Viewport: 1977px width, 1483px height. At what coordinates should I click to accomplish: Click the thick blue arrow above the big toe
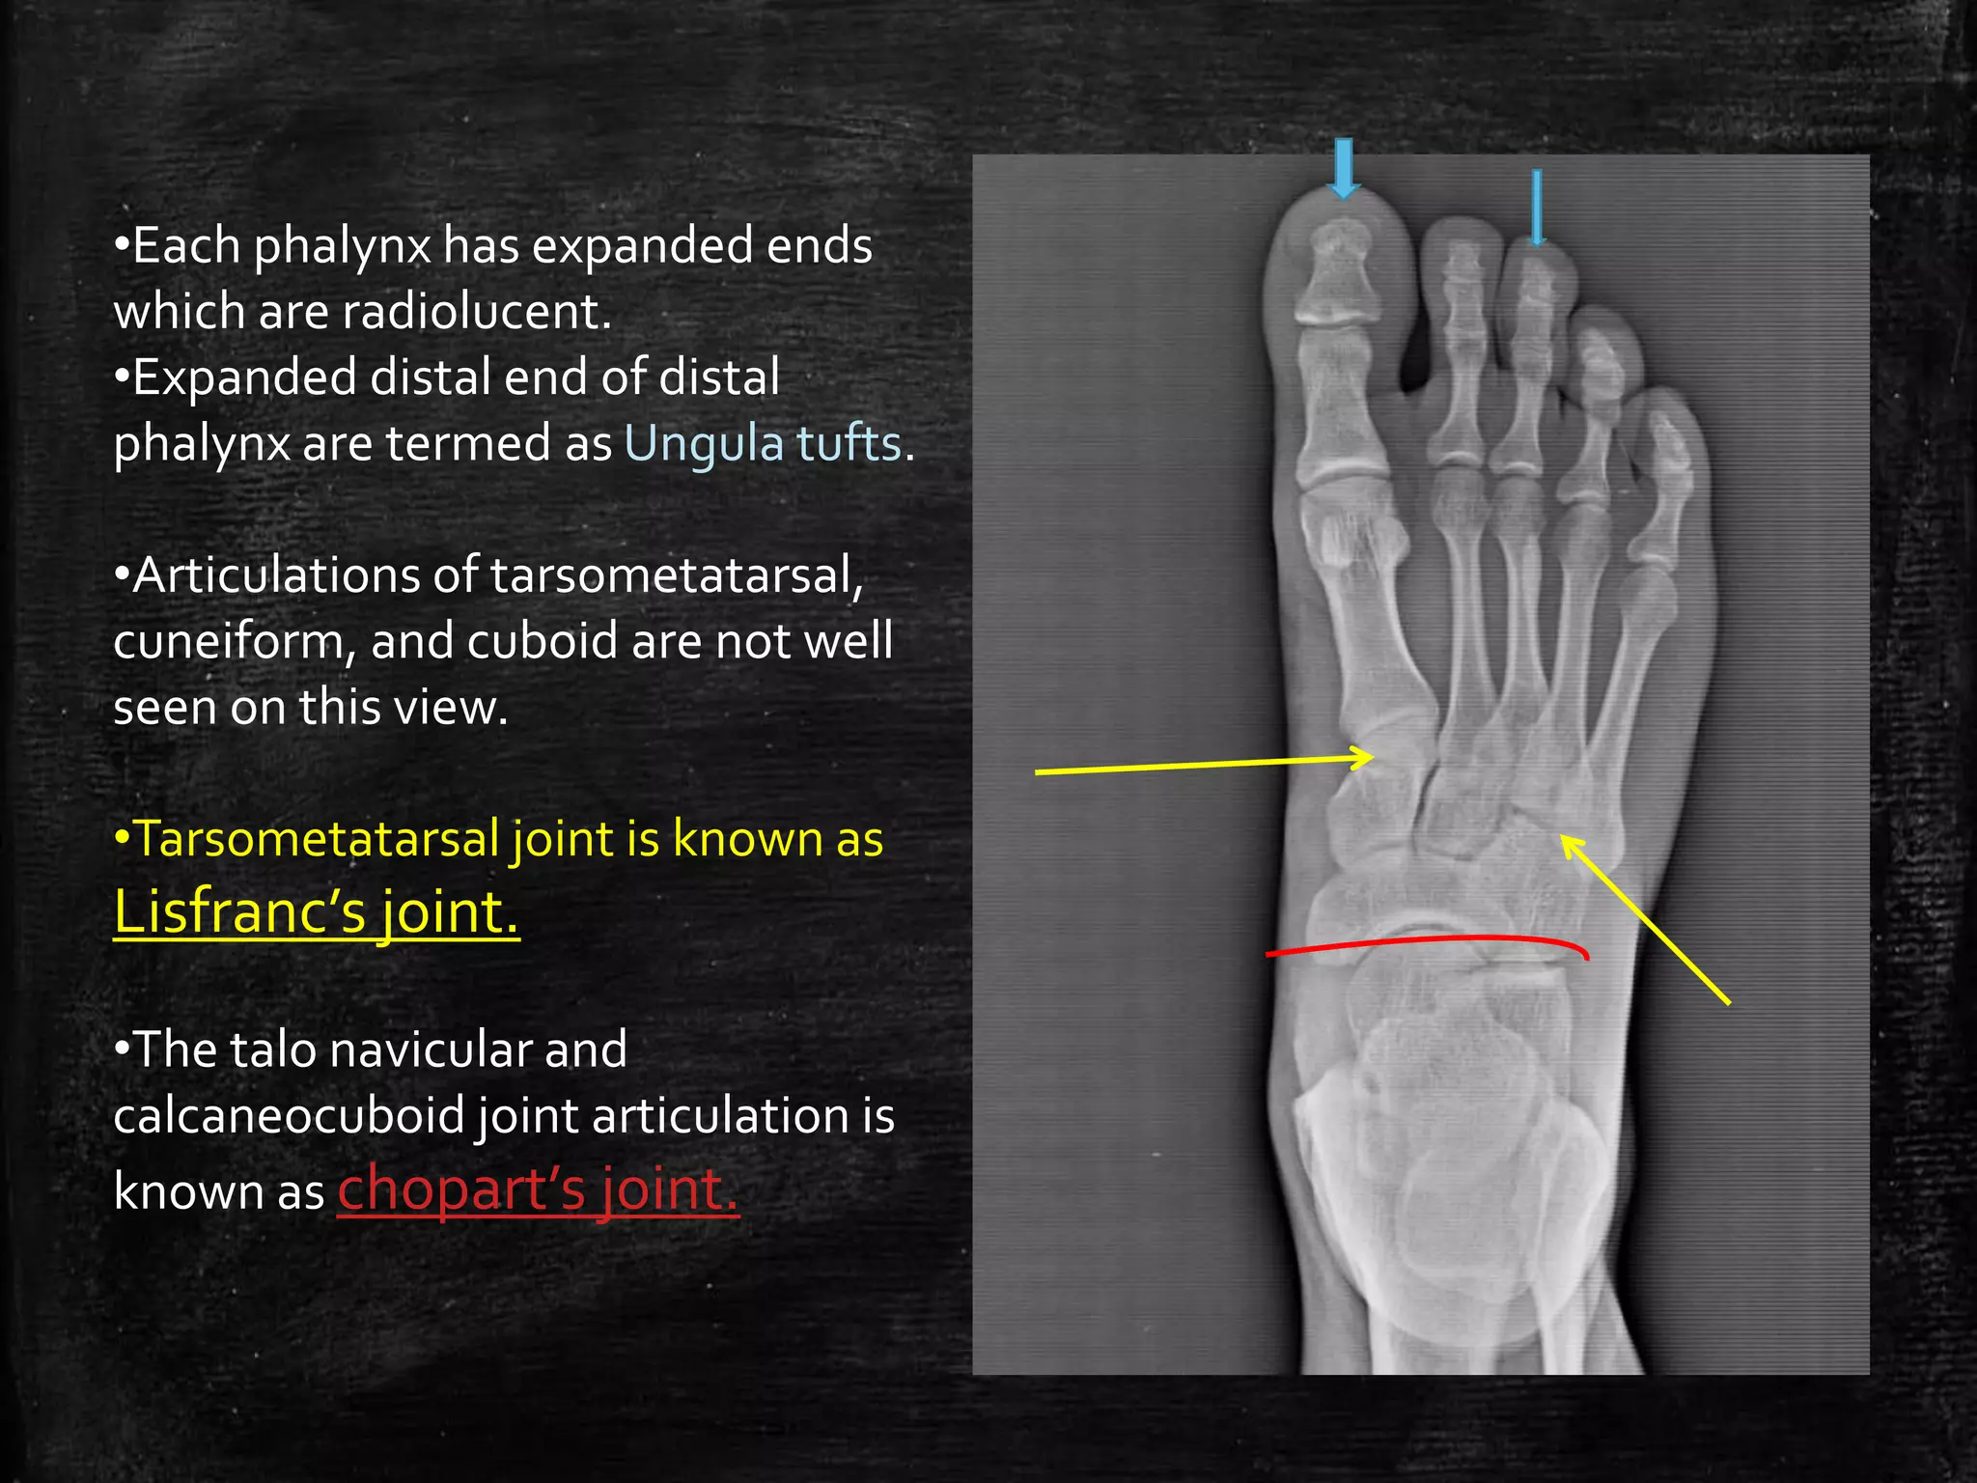coord(1342,167)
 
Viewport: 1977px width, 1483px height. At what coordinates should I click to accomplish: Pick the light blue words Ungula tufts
coord(763,443)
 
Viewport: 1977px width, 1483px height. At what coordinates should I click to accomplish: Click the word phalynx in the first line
coord(341,246)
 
